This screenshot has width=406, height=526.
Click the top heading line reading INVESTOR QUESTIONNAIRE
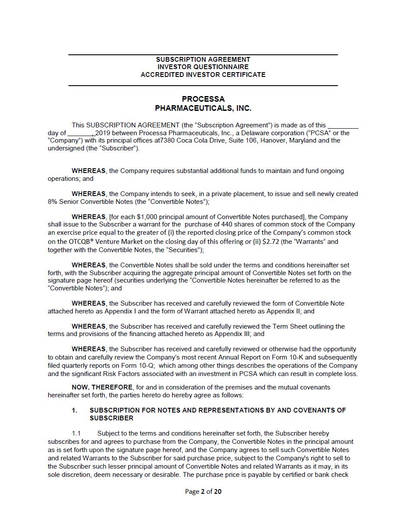[x=203, y=67]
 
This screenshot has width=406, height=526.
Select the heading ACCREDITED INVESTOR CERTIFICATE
[x=203, y=75]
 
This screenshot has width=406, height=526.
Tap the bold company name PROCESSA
[x=203, y=99]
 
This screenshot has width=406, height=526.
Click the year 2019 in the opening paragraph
[x=103, y=133]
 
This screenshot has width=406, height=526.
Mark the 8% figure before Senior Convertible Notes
[x=53, y=202]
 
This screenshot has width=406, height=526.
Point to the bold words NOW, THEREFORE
[x=102, y=387]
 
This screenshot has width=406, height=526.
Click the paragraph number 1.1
[x=76, y=433]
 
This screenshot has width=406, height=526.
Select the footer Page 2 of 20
[x=203, y=492]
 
